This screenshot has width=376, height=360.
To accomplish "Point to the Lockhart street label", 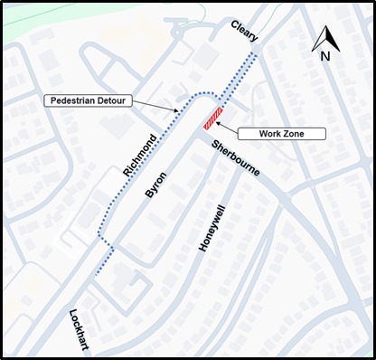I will (x=78, y=328).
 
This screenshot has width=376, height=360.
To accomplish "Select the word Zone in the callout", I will (x=294, y=134).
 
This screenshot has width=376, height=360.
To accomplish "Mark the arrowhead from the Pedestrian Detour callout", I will (x=179, y=111).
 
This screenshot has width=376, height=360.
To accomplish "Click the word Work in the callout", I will (x=270, y=134).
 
